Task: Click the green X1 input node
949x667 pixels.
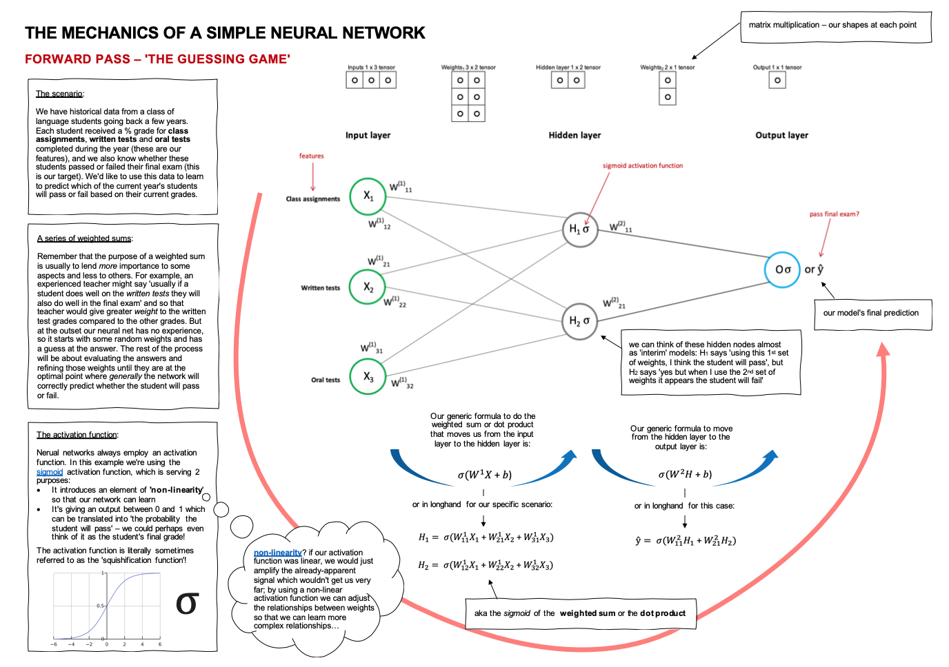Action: (368, 196)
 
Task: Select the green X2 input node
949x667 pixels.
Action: (368, 287)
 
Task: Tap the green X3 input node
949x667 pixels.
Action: (368, 376)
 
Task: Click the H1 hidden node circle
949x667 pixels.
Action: (579, 229)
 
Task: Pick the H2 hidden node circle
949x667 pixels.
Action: (579, 320)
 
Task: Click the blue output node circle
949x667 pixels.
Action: (782, 269)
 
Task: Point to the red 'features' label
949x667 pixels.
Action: (311, 156)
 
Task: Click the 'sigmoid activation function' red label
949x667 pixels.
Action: (642, 166)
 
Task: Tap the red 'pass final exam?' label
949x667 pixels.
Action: (834, 214)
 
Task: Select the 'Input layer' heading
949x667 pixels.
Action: (368, 136)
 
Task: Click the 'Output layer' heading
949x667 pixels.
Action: (781, 136)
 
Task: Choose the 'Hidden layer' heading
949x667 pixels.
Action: (575, 136)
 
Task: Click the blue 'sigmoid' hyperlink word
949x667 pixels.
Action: (50, 472)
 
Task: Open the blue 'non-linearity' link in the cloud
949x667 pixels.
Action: (277, 553)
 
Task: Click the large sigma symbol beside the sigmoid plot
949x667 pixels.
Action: (187, 604)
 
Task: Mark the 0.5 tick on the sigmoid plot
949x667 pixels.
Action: (101, 606)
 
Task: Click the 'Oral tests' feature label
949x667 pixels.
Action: (326, 380)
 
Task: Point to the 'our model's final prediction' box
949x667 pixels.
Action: (870, 313)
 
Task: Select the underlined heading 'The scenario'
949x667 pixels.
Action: (59, 94)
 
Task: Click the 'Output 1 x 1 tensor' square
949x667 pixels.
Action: (777, 81)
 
